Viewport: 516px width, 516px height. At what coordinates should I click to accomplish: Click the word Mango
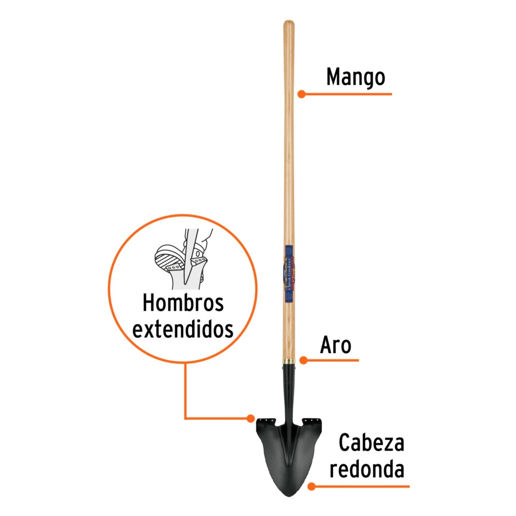(355, 77)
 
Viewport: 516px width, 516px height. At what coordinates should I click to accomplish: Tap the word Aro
(335, 346)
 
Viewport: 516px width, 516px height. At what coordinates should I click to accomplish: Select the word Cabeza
(371, 443)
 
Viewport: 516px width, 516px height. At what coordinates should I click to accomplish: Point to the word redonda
(371, 469)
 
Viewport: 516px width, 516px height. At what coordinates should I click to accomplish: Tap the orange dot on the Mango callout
(300, 93)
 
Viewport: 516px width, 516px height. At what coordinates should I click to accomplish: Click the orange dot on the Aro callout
(304, 360)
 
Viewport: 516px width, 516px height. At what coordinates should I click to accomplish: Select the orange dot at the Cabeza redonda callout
(311, 486)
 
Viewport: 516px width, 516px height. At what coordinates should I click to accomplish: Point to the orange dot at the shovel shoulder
(251, 417)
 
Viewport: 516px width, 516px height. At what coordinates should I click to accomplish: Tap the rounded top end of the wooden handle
(289, 24)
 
